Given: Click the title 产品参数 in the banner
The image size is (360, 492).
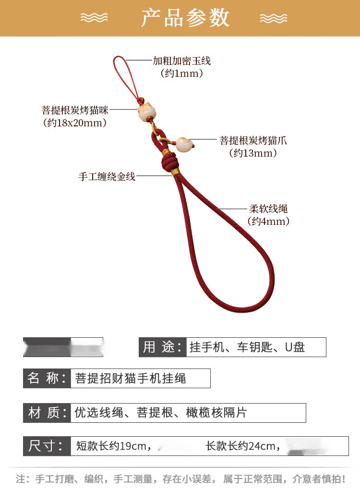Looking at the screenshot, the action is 185,18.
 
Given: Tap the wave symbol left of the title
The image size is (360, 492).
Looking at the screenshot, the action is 94,18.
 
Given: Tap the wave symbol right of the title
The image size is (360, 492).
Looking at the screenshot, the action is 274,18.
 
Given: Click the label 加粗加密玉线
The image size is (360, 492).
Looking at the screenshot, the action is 181,61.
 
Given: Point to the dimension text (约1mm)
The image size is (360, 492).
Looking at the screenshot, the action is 181,74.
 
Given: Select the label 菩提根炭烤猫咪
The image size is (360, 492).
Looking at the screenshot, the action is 75,110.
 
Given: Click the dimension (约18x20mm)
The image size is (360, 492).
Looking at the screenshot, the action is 75,123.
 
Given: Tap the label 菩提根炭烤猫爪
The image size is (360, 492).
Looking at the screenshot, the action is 253,140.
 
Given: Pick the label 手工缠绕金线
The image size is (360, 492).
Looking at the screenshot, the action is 107,176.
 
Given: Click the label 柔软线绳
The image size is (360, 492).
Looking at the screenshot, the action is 268,209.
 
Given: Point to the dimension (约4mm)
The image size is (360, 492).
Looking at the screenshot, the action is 268,221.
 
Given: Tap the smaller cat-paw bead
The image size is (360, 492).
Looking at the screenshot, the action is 183,144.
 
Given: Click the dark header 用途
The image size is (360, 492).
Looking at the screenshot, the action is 163,347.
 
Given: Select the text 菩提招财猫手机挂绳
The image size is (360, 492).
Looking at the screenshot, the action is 130,379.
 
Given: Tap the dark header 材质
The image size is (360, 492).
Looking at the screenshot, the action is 47,413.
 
